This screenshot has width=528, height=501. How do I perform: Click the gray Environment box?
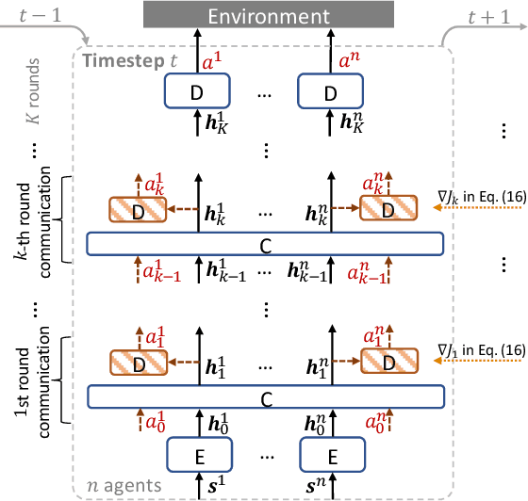[x=263, y=16]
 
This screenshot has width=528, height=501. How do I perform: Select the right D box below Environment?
[x=330, y=93]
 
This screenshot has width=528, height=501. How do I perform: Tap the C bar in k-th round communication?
[x=264, y=244]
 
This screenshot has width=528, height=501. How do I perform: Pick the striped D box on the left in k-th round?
[x=138, y=209]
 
